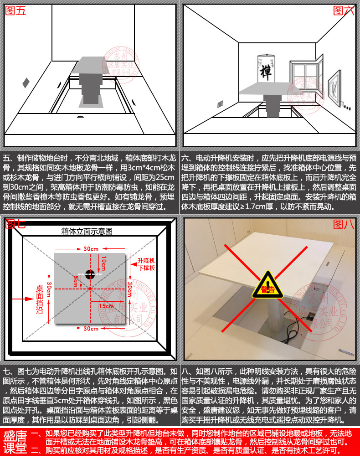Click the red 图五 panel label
[x=16, y=11]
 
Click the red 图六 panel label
[x=344, y=11]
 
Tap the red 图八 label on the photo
[x=344, y=225]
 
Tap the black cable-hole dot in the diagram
[x=90, y=274]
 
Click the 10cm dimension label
[x=104, y=263]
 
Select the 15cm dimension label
[x=106, y=306]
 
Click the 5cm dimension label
[x=75, y=281]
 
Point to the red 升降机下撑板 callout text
[x=146, y=264]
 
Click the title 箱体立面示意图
[x=87, y=232]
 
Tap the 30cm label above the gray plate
[x=91, y=249]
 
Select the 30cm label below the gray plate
[x=91, y=329]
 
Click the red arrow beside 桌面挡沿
[x=23, y=299]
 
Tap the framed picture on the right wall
[x=334, y=88]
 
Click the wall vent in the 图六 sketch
[x=220, y=104]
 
